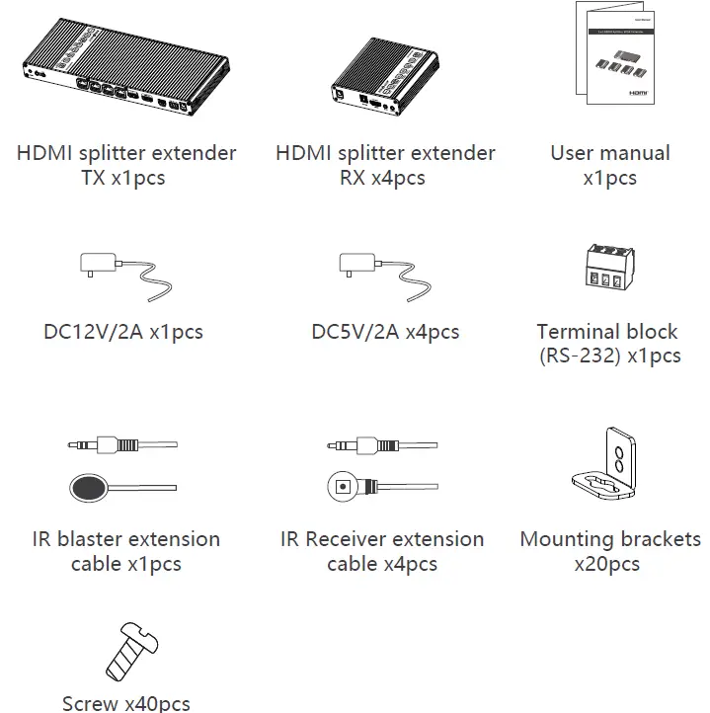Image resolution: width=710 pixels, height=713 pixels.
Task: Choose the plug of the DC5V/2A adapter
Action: pyautogui.click(x=356, y=265)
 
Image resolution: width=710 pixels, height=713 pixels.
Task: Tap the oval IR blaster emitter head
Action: pyautogui.click(x=89, y=487)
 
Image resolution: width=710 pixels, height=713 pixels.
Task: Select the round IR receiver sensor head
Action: pyautogui.click(x=343, y=486)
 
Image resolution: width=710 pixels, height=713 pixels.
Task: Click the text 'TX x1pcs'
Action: pyautogui.click(x=125, y=179)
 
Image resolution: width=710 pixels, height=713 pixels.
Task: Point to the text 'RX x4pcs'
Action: pyautogui.click(x=385, y=179)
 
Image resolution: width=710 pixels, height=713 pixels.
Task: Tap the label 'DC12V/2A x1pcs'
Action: pyautogui.click(x=123, y=332)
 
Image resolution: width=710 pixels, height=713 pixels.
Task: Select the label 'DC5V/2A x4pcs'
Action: pyautogui.click(x=385, y=332)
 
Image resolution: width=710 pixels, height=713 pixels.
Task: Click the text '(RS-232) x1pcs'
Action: pyautogui.click(x=609, y=356)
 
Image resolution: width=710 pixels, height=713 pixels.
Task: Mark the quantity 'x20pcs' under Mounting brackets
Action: pyautogui.click(x=606, y=565)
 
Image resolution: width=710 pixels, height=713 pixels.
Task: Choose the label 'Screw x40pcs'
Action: pyautogui.click(x=125, y=703)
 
